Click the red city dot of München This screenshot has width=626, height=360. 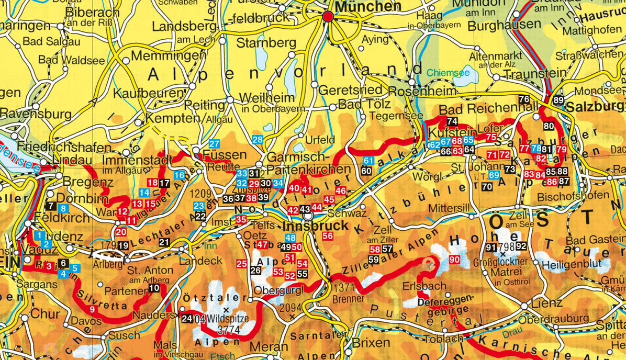coord(328,17)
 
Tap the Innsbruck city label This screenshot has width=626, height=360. coord(315,227)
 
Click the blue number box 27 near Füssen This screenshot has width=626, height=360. coord(214,144)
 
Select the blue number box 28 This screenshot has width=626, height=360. coord(257,139)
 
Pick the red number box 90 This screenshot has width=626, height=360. coord(454,260)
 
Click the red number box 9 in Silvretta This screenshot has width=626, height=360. coord(92,310)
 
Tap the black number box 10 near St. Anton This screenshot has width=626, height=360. coord(154,288)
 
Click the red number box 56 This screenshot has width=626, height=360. coord(328,236)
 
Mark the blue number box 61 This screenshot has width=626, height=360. coord(369,161)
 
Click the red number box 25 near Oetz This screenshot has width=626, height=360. coord(241,264)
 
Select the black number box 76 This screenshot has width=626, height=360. coord(523,99)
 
